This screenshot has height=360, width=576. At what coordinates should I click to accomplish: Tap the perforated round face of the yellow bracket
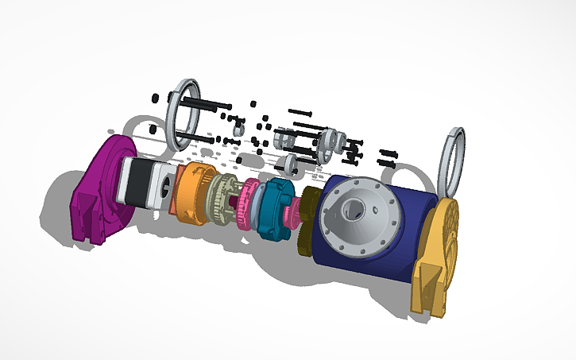pyautogui.click(x=447, y=230)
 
